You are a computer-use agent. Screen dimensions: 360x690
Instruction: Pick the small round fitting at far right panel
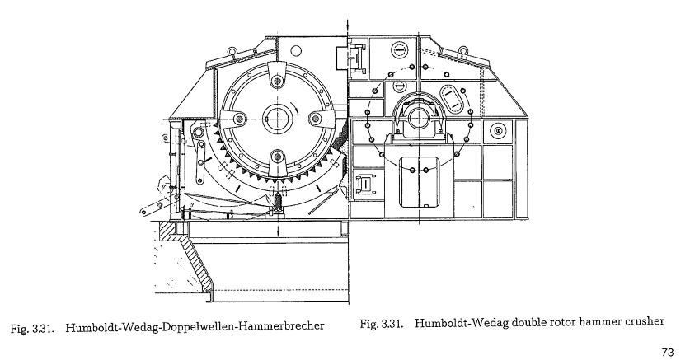click(x=497, y=130)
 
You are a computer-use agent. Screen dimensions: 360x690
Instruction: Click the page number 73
click(x=668, y=351)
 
